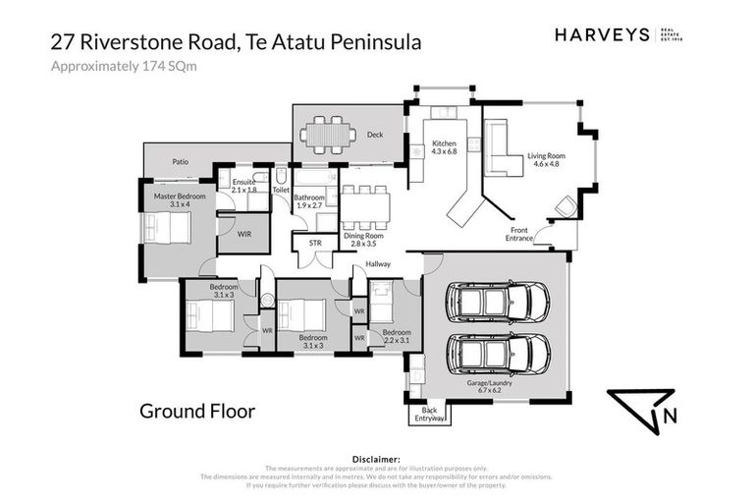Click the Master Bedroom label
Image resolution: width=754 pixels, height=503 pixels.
coord(177,200)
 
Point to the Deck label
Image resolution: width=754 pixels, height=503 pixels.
coord(374,135)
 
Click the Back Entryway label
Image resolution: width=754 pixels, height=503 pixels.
coord(428,414)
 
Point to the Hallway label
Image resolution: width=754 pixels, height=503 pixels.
coord(378,264)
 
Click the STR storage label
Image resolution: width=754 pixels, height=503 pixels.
coord(315,243)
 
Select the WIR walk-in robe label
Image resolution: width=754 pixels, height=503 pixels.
coord(244,234)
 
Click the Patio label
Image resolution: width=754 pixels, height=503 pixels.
coord(180,161)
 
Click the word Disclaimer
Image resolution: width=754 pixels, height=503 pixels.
coord(376,459)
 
